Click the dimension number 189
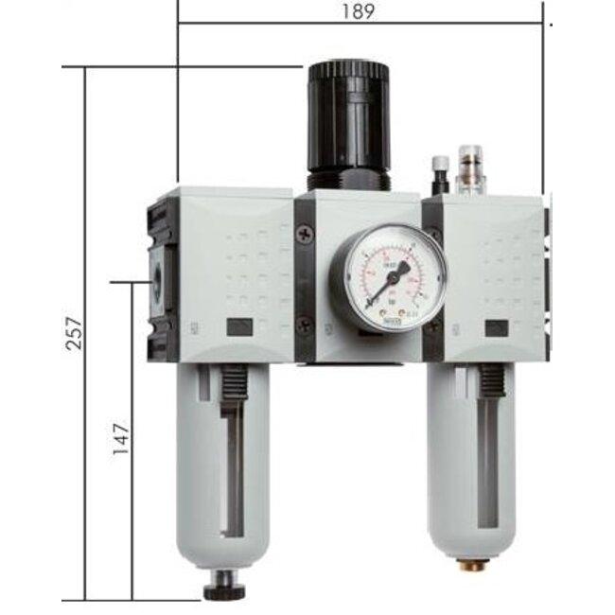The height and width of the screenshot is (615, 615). click(x=360, y=11)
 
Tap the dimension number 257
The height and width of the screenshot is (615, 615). click(x=75, y=333)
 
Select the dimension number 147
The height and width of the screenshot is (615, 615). click(x=120, y=440)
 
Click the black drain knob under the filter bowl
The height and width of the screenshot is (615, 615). click(x=223, y=590)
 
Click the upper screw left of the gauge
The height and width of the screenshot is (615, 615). click(x=304, y=235)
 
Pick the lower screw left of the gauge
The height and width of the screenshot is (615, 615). click(x=304, y=325)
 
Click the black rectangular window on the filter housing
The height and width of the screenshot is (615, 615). click(x=239, y=328)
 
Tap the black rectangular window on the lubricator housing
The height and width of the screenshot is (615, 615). click(x=496, y=329)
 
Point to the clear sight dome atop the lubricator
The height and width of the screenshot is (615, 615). click(x=468, y=168)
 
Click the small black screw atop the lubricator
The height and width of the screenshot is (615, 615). click(x=439, y=173)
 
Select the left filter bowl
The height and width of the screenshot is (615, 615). click(x=223, y=464)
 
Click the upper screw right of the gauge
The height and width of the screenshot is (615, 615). click(x=434, y=235)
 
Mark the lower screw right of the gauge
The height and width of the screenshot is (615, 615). click(x=434, y=325)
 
